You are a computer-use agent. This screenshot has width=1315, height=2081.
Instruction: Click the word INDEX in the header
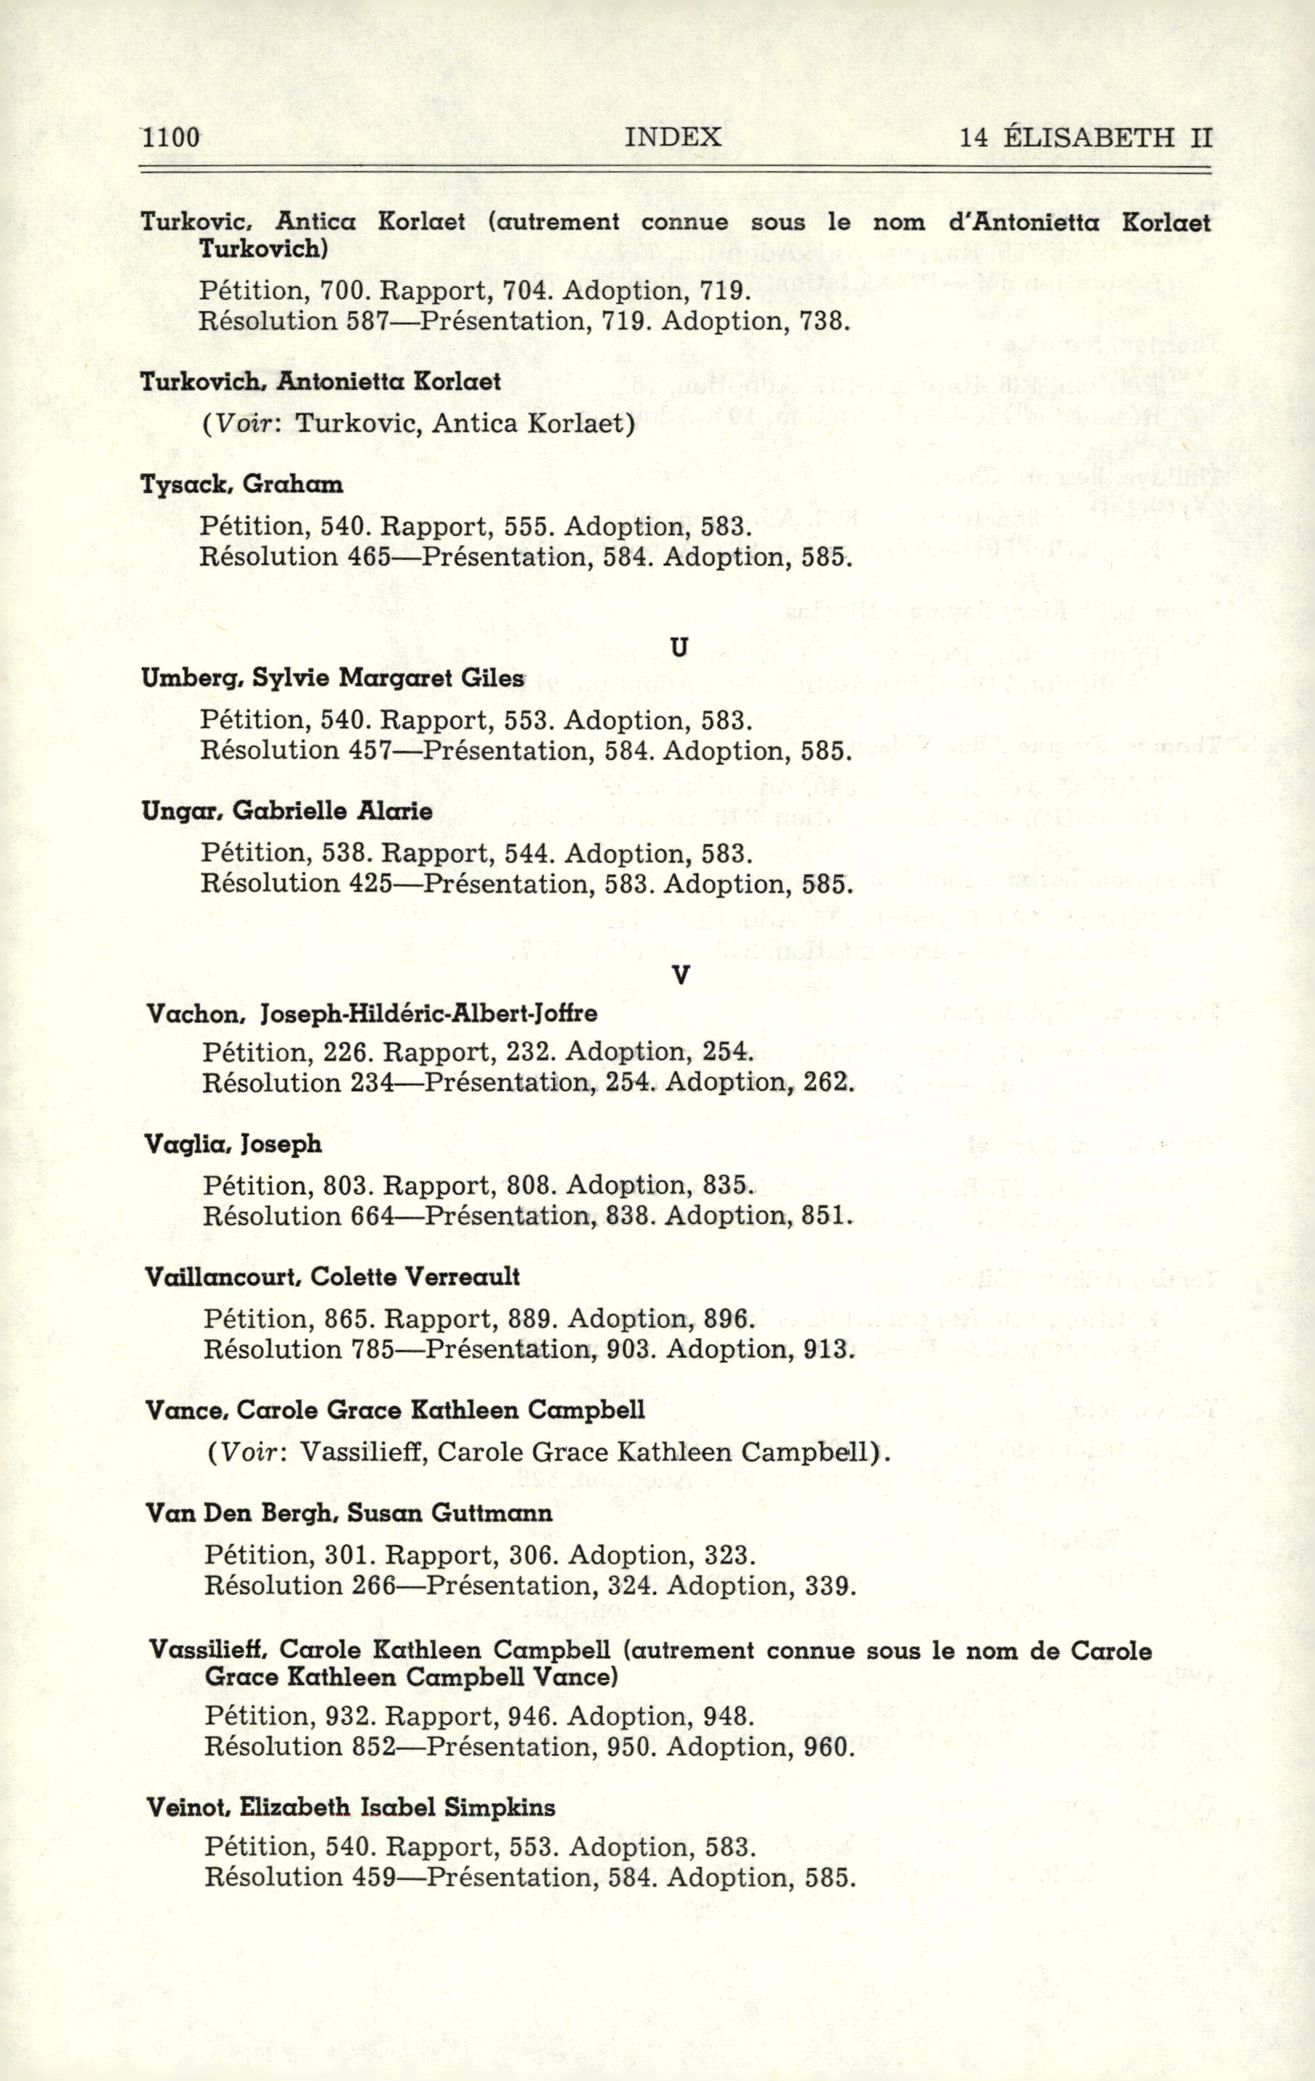click(x=673, y=136)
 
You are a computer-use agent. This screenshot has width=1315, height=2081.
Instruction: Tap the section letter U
click(x=680, y=647)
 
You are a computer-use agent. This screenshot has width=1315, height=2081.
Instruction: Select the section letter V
click(x=681, y=975)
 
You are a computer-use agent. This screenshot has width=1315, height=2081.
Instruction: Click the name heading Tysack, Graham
click(x=242, y=484)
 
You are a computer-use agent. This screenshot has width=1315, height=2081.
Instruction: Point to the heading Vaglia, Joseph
click(x=234, y=1144)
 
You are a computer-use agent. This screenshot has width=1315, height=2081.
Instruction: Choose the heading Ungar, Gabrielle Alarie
click(x=288, y=811)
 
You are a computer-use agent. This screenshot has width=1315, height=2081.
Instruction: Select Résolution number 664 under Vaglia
click(x=373, y=1216)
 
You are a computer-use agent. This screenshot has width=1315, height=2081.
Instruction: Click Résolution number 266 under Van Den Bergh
click(x=374, y=1586)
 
